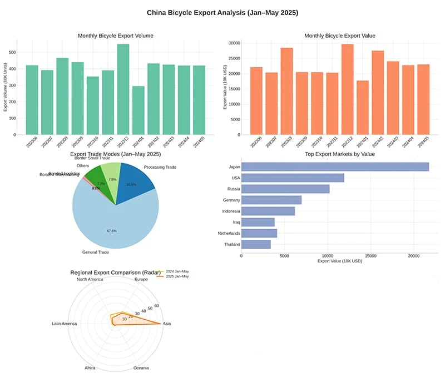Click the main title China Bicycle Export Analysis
point(222,12)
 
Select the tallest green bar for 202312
point(123,89)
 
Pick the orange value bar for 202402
point(378,92)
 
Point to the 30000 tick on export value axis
point(234,43)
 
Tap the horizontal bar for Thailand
point(256,244)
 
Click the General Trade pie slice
point(111,222)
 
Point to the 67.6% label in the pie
point(111,231)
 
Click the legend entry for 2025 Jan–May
point(177,276)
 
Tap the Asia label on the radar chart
point(167,324)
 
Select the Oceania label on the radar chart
point(141,368)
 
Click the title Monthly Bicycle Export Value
point(340,36)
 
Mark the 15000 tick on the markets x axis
point(370,256)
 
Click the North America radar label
point(90,279)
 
